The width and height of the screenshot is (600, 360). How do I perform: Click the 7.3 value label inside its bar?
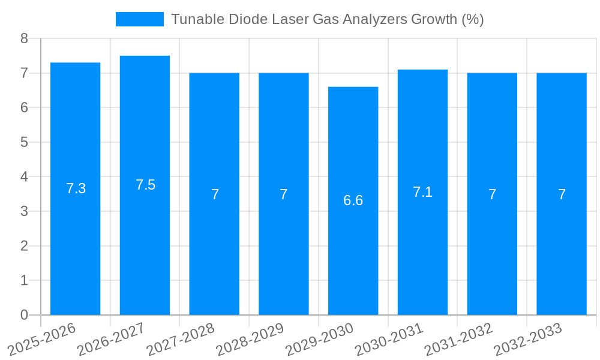[76, 188]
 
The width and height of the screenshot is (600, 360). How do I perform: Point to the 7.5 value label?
[145, 185]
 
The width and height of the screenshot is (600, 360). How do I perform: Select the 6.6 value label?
[353, 200]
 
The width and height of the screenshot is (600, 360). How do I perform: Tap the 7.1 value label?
[422, 192]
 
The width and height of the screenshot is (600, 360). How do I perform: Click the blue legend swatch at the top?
[139, 19]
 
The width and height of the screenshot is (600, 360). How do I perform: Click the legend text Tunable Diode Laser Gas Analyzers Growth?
[327, 19]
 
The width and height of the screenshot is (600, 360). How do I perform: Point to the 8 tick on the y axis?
[24, 38]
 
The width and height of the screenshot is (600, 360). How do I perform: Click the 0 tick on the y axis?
[24, 315]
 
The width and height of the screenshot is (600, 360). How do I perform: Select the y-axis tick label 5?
[24, 142]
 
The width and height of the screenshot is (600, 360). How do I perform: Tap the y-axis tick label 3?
[24, 211]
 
